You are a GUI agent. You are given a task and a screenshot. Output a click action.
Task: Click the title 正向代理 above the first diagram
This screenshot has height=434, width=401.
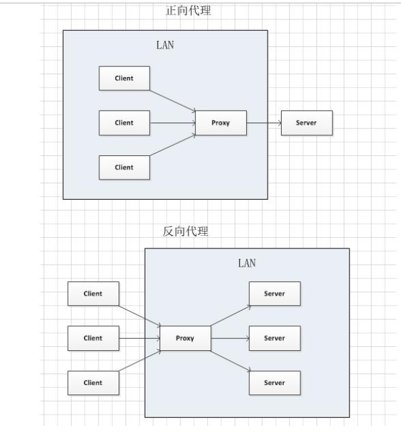click(x=188, y=11)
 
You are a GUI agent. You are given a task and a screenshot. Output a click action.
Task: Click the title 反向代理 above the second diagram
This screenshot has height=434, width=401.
click(x=186, y=232)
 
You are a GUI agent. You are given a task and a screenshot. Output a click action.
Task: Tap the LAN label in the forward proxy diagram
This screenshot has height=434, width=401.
click(x=165, y=46)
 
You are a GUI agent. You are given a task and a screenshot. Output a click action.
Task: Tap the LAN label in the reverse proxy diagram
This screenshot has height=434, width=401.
click(x=247, y=263)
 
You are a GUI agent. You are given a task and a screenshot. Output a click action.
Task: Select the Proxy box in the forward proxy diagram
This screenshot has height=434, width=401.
click(x=221, y=123)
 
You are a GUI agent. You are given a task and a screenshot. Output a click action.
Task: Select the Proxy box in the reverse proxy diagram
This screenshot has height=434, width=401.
click(x=185, y=338)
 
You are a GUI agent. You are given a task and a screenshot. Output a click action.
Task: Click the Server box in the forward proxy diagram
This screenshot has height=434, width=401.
click(x=306, y=123)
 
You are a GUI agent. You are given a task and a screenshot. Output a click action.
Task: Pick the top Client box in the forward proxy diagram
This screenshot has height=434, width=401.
click(x=124, y=78)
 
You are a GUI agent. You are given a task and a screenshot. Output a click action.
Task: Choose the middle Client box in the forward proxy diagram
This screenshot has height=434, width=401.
click(x=124, y=123)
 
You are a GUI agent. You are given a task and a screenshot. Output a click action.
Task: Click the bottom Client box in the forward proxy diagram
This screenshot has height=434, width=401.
click(x=124, y=167)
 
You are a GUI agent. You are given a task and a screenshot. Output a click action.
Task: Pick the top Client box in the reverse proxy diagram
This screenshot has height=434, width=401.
click(x=93, y=294)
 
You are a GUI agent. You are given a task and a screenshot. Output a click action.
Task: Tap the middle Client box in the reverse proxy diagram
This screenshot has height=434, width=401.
click(x=93, y=338)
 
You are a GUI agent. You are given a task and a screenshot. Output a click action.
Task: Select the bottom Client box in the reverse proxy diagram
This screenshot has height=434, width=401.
click(x=93, y=383)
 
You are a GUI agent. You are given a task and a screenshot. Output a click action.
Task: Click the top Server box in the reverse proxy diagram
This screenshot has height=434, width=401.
click(x=274, y=294)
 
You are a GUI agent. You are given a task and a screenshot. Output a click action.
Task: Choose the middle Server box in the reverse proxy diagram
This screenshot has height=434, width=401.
click(x=274, y=338)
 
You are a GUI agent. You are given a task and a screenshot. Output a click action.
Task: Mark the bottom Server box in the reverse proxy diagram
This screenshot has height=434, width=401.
click(x=274, y=383)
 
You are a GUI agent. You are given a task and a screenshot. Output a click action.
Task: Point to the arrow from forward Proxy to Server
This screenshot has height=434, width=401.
click(x=264, y=123)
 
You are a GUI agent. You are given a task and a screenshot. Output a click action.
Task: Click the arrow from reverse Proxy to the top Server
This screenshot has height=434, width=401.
click(x=230, y=315)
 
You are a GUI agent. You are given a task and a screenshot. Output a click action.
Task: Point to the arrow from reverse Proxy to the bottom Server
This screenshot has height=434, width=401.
click(x=230, y=361)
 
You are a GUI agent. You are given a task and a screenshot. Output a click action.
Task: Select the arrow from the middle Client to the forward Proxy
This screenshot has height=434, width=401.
click(x=172, y=123)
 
